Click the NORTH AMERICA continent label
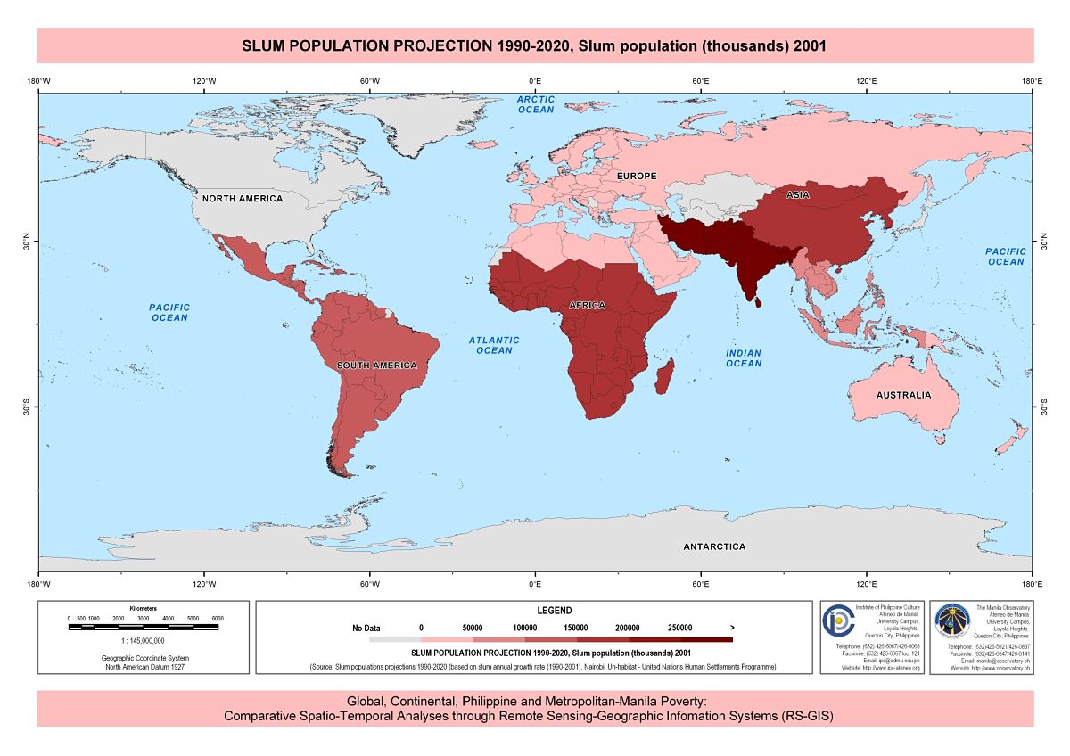point(242,198)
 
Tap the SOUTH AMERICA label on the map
point(376,366)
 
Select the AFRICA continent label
point(587,306)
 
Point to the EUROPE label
point(637,177)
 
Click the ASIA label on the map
point(797,194)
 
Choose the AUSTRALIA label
point(903,395)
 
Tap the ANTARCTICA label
point(714,546)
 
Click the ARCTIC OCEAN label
point(536,104)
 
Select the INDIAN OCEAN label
point(743,358)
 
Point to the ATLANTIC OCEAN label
point(494,345)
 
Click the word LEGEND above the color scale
point(554,611)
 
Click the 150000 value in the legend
point(575,628)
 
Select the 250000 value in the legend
point(679,628)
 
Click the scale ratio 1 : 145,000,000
point(143,640)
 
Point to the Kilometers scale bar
point(143,627)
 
